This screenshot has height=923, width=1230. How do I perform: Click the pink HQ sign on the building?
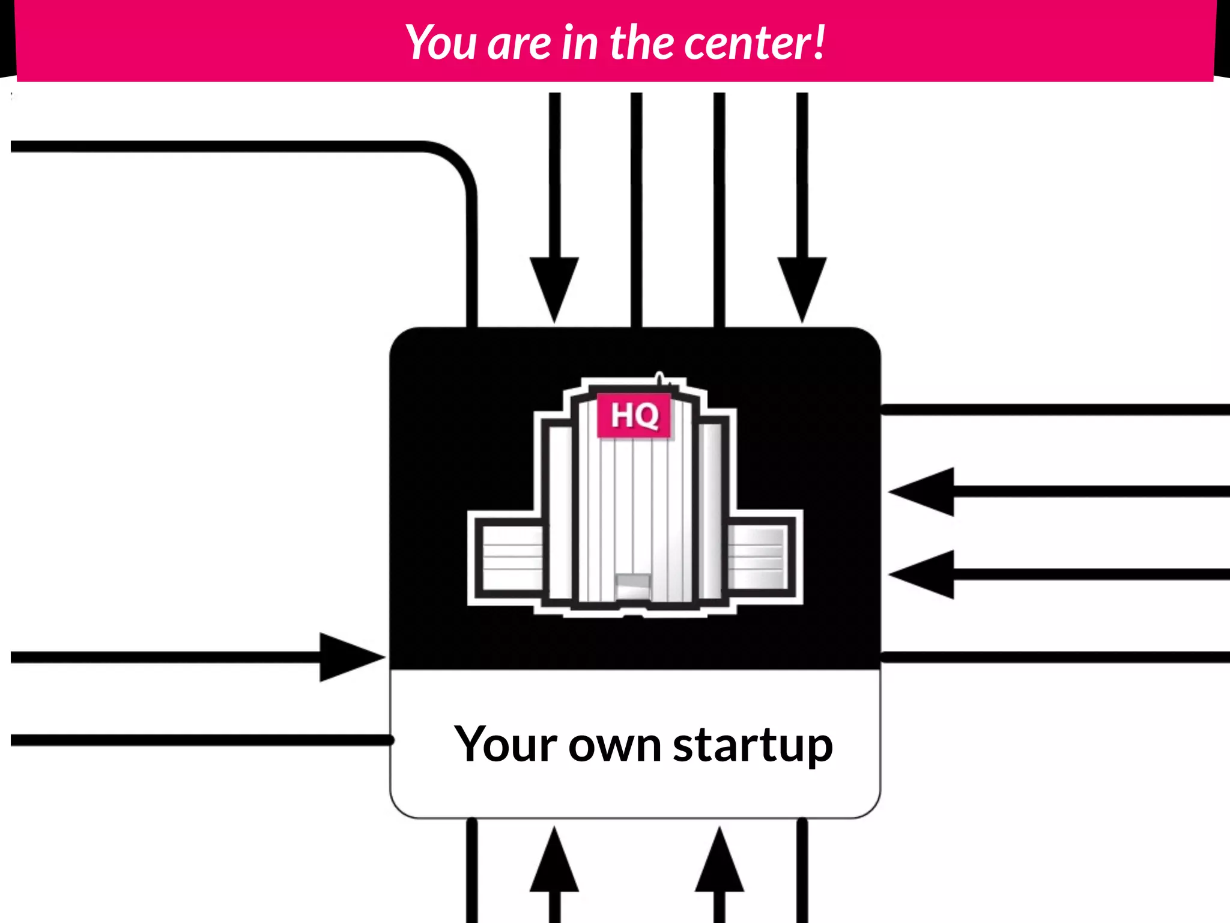click(x=634, y=415)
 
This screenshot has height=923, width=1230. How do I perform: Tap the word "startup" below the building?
click(x=753, y=745)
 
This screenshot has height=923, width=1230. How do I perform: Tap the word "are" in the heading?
click(x=519, y=44)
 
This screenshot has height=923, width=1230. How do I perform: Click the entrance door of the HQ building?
click(x=632, y=586)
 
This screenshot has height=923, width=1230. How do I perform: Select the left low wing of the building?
click(x=511, y=557)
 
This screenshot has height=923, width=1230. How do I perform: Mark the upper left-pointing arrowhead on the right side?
click(x=922, y=492)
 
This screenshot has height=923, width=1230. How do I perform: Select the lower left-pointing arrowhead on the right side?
click(x=922, y=574)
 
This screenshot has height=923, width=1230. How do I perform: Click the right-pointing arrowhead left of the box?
click(x=351, y=657)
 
